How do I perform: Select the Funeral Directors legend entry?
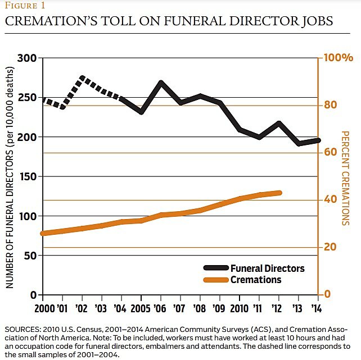click(x=267, y=268)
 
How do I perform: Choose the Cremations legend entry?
click(x=255, y=280)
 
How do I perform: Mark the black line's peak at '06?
click(x=161, y=83)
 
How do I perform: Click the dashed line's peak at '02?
click(x=83, y=78)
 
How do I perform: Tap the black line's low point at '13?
click(x=299, y=143)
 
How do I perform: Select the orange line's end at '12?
click(x=279, y=193)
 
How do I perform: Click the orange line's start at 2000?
click(x=43, y=233)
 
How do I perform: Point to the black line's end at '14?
click(x=318, y=140)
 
